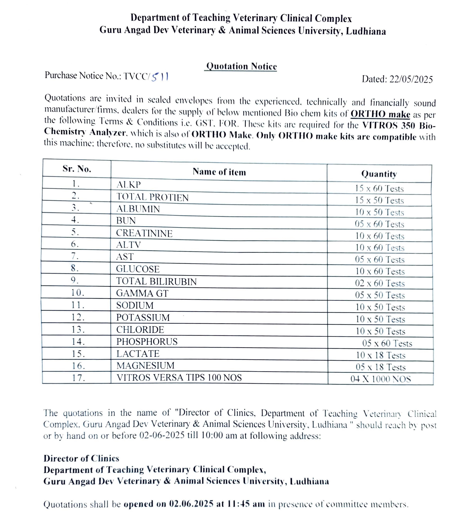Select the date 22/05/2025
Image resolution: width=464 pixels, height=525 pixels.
(x=411, y=79)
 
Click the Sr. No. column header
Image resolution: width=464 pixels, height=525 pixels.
(x=77, y=169)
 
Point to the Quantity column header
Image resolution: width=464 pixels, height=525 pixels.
(x=379, y=174)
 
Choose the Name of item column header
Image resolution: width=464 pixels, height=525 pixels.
(x=219, y=172)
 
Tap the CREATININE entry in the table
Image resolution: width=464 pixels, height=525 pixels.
(x=144, y=233)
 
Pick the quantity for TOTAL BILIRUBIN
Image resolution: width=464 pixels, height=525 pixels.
(x=380, y=283)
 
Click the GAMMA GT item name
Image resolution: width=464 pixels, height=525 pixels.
(x=142, y=293)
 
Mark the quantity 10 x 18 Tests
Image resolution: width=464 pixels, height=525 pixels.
(x=380, y=355)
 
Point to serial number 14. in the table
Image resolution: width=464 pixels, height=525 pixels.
(x=78, y=342)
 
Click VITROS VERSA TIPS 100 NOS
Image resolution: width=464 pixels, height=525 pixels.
(x=179, y=377)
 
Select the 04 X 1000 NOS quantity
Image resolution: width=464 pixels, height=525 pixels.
(x=380, y=379)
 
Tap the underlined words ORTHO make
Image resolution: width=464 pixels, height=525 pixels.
(x=380, y=114)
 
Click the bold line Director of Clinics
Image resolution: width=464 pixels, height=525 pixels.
(x=81, y=458)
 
